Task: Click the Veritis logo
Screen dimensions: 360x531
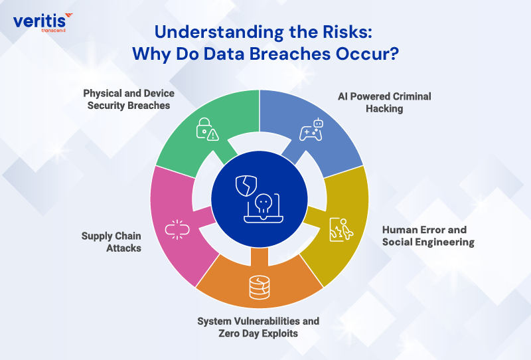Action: pos(42,21)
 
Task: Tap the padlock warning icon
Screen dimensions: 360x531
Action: pos(207,130)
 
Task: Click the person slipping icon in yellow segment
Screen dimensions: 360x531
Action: pos(339,228)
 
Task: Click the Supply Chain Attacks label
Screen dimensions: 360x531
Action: pos(111,241)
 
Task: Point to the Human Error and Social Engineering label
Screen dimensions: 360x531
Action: pos(428,236)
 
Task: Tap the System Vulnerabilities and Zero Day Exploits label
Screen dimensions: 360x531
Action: pos(258,327)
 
